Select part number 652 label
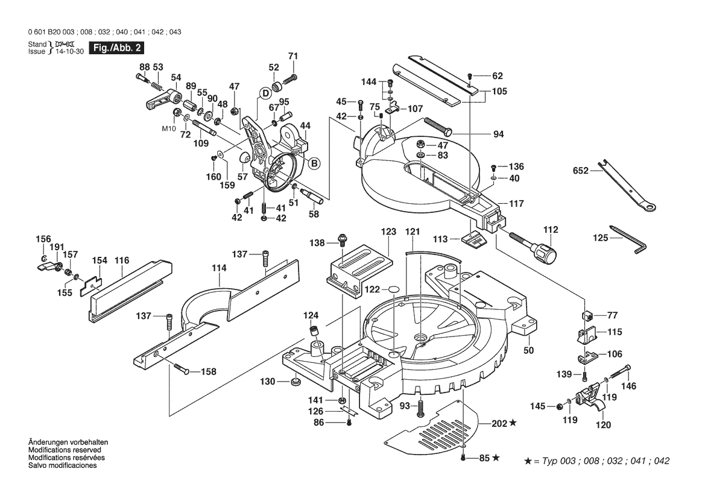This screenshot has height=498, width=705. click(x=580, y=171)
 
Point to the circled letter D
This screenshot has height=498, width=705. click(x=264, y=92)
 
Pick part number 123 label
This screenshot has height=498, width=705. click(x=388, y=232)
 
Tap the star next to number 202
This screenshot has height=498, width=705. click(x=513, y=424)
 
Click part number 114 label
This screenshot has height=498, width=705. click(x=219, y=268)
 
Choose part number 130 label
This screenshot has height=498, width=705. click(x=267, y=381)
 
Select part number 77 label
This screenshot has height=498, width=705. click(x=613, y=315)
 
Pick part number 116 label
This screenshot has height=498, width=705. click(x=122, y=260)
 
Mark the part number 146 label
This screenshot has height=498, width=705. click(x=628, y=386)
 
